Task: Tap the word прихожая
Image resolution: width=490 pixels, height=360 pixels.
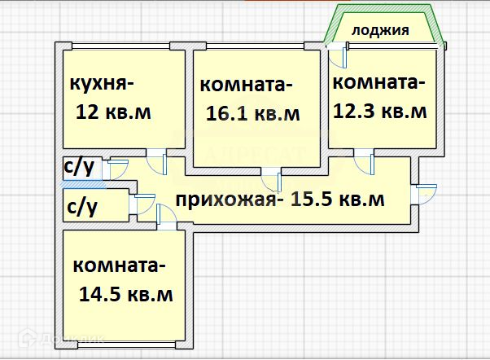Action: (226, 200)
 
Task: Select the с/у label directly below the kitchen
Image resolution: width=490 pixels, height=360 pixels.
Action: (77, 168)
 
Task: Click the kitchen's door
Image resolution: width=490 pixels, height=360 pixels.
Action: (157, 160)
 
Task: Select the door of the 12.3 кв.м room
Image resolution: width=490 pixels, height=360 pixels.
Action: (362, 161)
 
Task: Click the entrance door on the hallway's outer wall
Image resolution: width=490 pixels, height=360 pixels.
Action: (425, 194)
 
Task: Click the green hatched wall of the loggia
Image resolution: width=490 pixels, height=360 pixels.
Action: (329, 24)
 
